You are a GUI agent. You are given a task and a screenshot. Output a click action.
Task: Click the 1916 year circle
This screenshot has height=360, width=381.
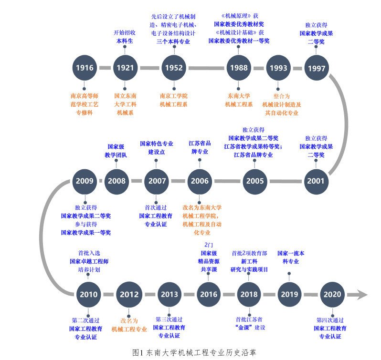click(85, 68)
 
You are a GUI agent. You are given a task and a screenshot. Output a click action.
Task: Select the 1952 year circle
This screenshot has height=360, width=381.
click(174, 68)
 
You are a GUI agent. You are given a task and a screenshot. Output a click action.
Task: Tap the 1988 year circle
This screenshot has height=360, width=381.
click(239, 68)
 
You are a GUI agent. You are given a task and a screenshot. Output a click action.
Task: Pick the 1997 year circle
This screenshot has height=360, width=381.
click(317, 68)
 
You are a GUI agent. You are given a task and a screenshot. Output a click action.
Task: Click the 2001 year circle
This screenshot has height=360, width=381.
click(316, 181)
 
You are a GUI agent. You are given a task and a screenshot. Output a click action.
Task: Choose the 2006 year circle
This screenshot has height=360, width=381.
click(200, 181)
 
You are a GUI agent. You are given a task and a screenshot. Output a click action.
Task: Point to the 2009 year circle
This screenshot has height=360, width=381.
click(85, 181)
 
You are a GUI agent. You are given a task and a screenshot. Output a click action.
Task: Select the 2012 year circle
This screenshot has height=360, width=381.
click(129, 294)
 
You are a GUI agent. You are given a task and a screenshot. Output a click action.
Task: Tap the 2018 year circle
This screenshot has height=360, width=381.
click(249, 294)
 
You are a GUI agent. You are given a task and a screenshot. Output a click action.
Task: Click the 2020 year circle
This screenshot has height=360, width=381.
click(332, 294)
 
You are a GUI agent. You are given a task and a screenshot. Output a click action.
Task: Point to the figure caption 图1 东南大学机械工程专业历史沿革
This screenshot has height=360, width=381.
click(195, 352)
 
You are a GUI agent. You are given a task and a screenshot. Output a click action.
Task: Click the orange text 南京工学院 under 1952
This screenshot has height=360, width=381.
click(174, 95)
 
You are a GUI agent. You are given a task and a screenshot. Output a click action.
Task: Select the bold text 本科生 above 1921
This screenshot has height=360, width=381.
click(125, 41)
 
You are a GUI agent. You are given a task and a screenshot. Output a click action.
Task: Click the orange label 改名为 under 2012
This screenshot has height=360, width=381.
click(129, 321)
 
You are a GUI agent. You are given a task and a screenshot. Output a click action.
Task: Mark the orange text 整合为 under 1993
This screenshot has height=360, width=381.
click(282, 96)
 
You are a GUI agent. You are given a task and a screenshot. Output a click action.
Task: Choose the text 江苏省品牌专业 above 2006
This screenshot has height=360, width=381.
click(200, 147)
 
